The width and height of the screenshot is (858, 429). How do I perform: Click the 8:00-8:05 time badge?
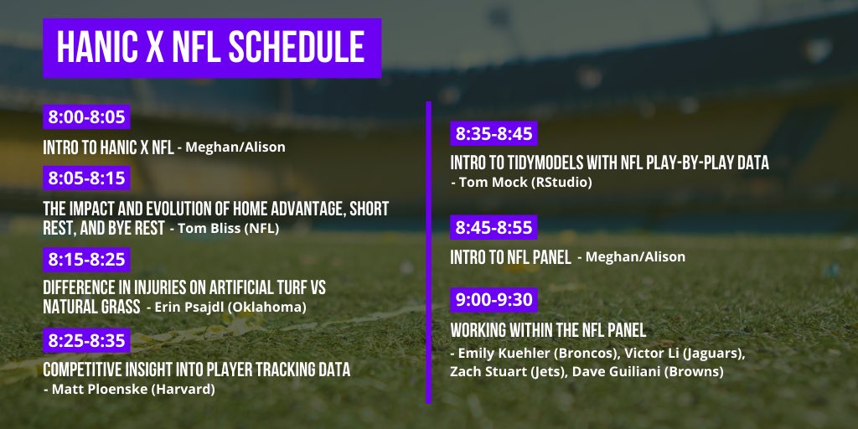pos(86,116)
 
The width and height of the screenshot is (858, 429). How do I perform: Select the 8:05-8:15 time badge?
pos(86,178)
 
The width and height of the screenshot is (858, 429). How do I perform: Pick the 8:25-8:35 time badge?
pos(86,340)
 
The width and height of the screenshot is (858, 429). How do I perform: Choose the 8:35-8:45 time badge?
pos(494,133)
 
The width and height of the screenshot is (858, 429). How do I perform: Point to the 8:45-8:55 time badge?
pos(494,227)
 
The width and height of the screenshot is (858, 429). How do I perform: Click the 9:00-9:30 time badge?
pos(494,300)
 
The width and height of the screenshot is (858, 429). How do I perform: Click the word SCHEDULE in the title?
pos(297,47)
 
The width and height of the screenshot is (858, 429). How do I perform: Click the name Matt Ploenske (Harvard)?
pos(133,389)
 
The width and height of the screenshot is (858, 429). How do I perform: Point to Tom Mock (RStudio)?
pos(525,182)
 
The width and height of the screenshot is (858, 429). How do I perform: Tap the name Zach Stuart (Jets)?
pos(504,372)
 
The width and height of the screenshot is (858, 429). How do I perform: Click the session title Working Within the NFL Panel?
pos(548,330)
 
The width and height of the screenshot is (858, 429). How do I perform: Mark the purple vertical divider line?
pos(428,252)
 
